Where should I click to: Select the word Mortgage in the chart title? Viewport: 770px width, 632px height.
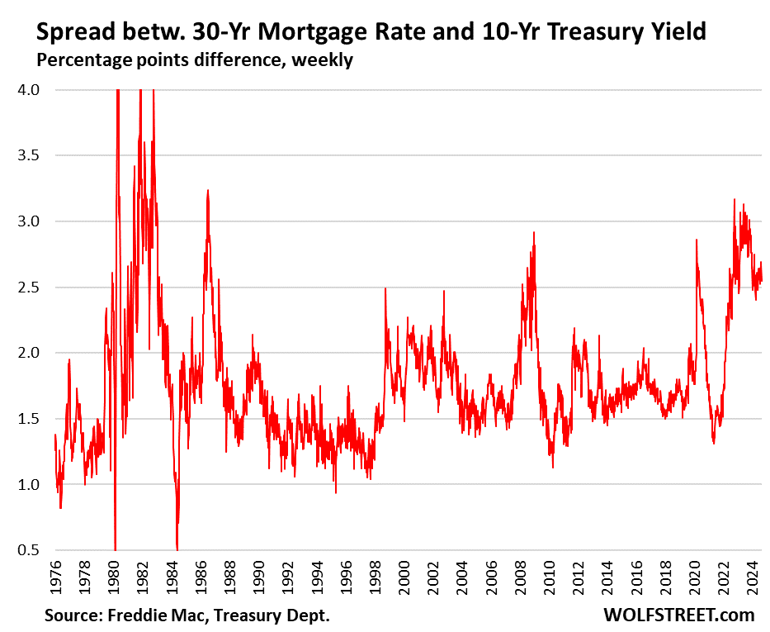(314, 32)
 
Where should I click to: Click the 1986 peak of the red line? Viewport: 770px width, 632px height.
(208, 191)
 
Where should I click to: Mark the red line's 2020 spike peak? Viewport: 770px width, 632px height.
(697, 240)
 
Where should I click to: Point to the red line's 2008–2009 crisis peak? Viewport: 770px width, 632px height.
(534, 233)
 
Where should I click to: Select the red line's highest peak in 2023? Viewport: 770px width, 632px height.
(734, 199)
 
